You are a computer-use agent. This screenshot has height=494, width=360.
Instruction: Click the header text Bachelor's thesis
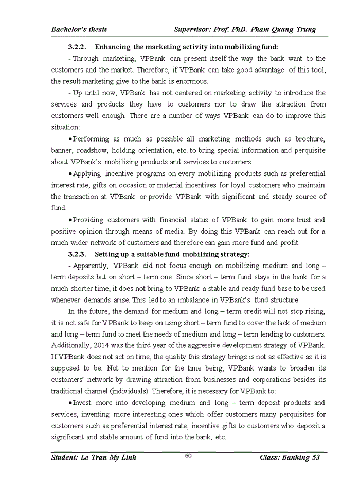(79, 29)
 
